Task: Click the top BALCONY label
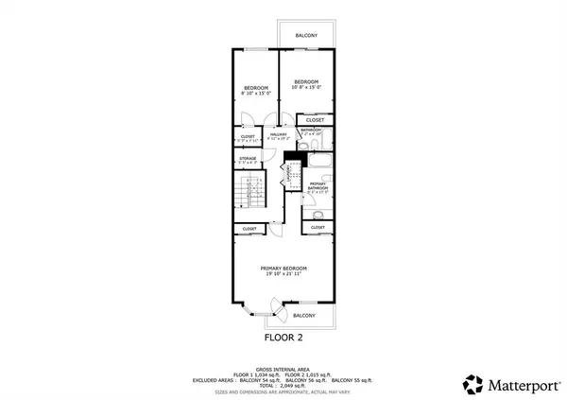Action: (x=306, y=35)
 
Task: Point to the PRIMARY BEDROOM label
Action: (x=284, y=271)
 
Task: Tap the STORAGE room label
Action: (x=248, y=160)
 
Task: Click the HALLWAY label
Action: (x=279, y=137)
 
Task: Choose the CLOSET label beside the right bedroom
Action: (x=316, y=120)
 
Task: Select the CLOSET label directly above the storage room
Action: (x=248, y=138)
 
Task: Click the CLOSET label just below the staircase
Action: (x=249, y=229)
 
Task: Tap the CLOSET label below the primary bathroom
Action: (x=318, y=228)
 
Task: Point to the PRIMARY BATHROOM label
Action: (x=318, y=189)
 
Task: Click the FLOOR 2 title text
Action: (x=283, y=336)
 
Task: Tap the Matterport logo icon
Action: (x=472, y=383)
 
